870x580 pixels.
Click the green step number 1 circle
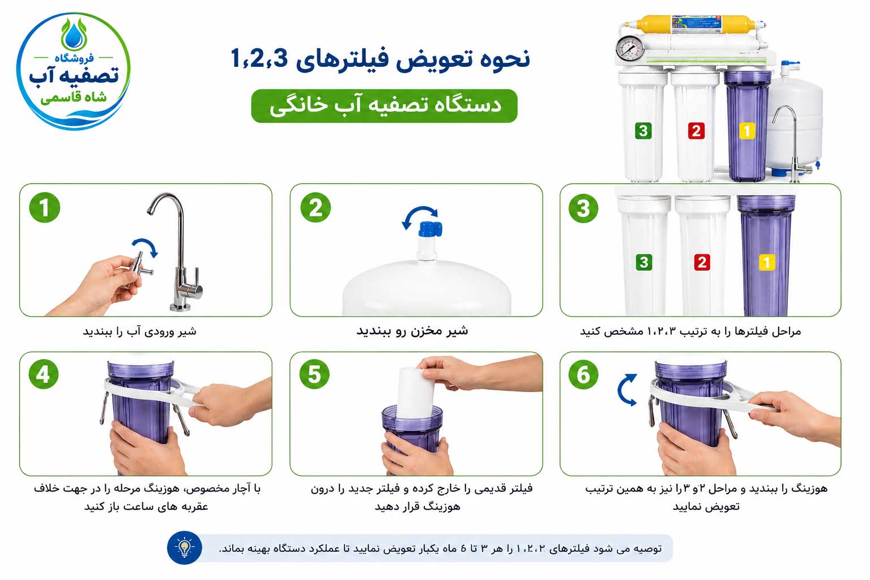pyautogui.click(x=45, y=207)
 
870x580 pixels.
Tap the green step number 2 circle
pyautogui.click(x=315, y=207)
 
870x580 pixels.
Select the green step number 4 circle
pyautogui.click(x=44, y=374)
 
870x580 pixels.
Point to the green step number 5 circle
pyautogui.click(x=314, y=374)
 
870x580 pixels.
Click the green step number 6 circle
pyautogui.click(x=583, y=374)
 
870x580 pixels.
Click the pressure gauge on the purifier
pyautogui.click(x=630, y=49)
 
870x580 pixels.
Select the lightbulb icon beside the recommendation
pyautogui.click(x=185, y=548)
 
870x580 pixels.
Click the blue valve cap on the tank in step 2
pyautogui.click(x=430, y=228)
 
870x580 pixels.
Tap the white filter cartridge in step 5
pyautogui.click(x=415, y=393)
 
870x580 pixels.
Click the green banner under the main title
pyautogui.click(x=384, y=106)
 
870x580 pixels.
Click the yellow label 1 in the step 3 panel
pyautogui.click(x=767, y=263)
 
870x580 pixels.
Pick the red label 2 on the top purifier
pyautogui.click(x=696, y=131)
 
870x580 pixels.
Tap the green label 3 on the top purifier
pyautogui.click(x=643, y=131)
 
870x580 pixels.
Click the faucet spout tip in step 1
pyautogui.click(x=150, y=212)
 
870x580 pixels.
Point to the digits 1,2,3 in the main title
pyautogui.click(x=259, y=59)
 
